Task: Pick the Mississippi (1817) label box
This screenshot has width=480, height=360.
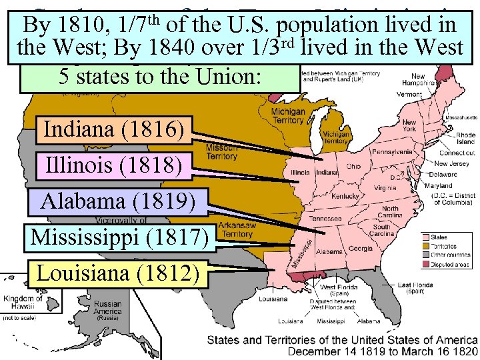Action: (x=121, y=237)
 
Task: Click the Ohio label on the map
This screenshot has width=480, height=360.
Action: (x=353, y=166)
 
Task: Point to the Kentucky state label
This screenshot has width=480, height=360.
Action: (x=345, y=196)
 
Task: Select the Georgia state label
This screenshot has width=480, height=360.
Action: (x=360, y=248)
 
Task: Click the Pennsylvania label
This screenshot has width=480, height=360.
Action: (x=391, y=152)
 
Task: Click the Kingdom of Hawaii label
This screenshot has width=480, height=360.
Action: (x=23, y=303)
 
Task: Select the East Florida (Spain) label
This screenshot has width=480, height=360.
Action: (x=413, y=287)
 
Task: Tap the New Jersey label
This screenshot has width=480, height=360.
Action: (x=453, y=163)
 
